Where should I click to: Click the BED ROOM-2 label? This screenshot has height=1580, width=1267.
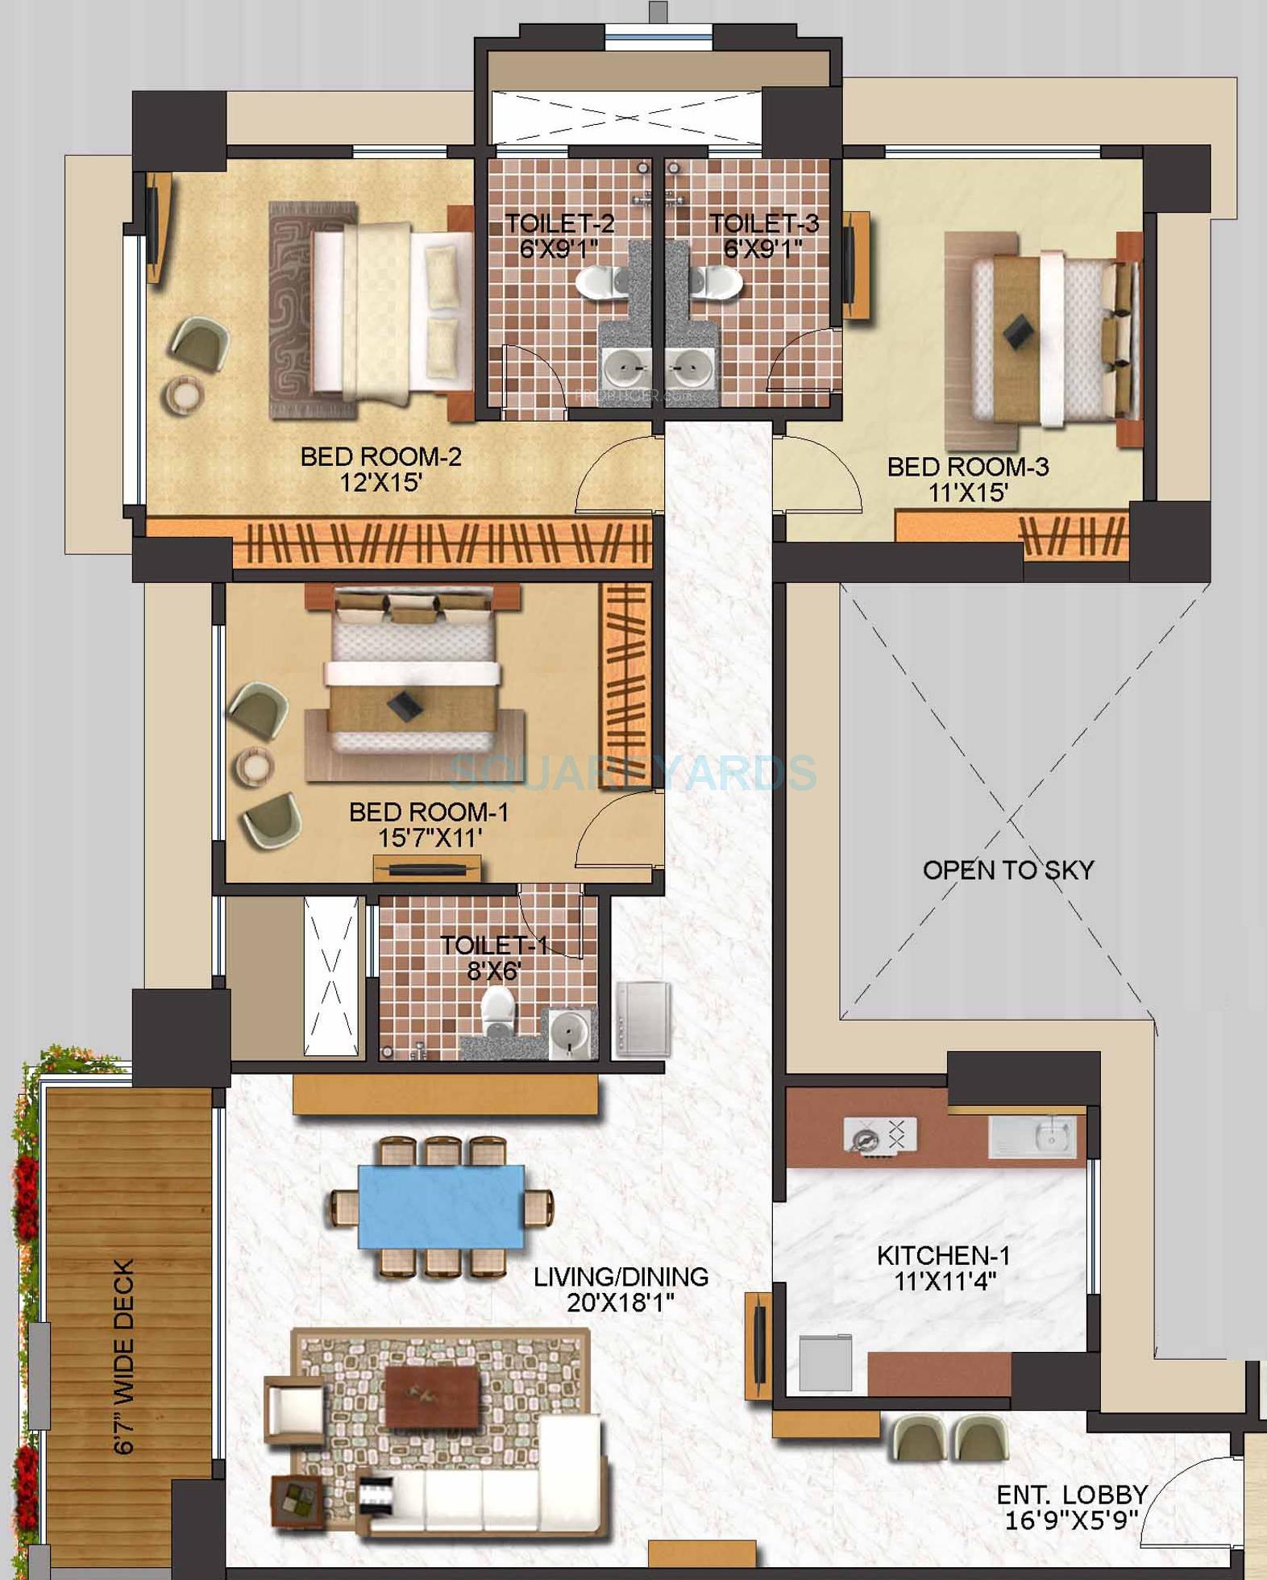tap(380, 457)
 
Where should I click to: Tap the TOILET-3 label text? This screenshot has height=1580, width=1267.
tap(763, 223)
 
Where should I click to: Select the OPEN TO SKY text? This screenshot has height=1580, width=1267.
tap(1007, 871)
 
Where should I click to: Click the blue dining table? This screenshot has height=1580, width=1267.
tap(441, 1206)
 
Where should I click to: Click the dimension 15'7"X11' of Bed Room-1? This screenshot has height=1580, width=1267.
tap(430, 838)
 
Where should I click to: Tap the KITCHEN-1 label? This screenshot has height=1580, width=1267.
tap(943, 1255)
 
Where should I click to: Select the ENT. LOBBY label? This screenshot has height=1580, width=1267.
tap(1071, 1495)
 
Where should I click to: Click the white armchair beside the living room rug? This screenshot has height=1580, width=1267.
tap(294, 1412)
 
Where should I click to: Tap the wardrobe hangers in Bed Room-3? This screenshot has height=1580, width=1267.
tap(1072, 535)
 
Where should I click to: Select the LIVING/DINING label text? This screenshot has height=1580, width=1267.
tap(621, 1277)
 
